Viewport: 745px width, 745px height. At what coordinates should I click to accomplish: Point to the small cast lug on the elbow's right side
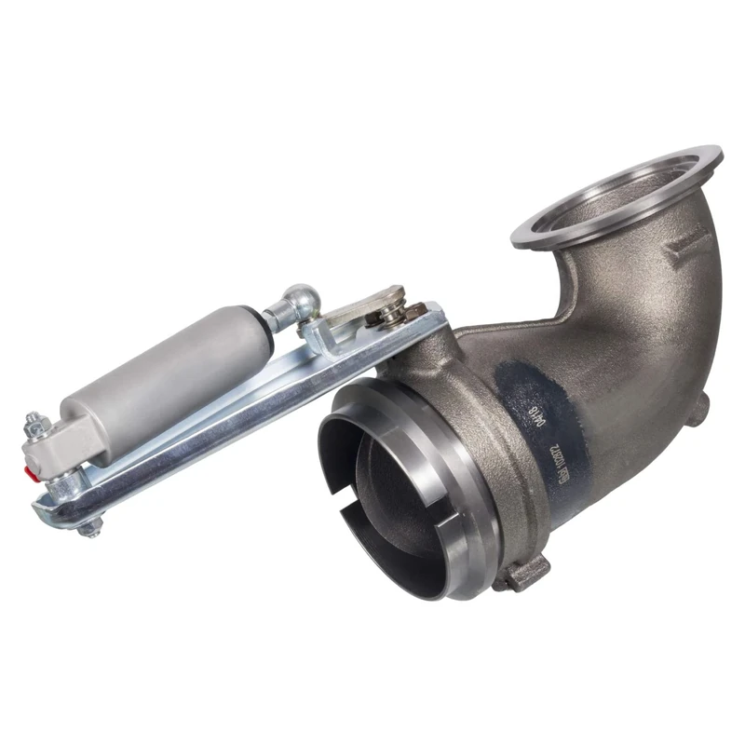coord(700,407)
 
